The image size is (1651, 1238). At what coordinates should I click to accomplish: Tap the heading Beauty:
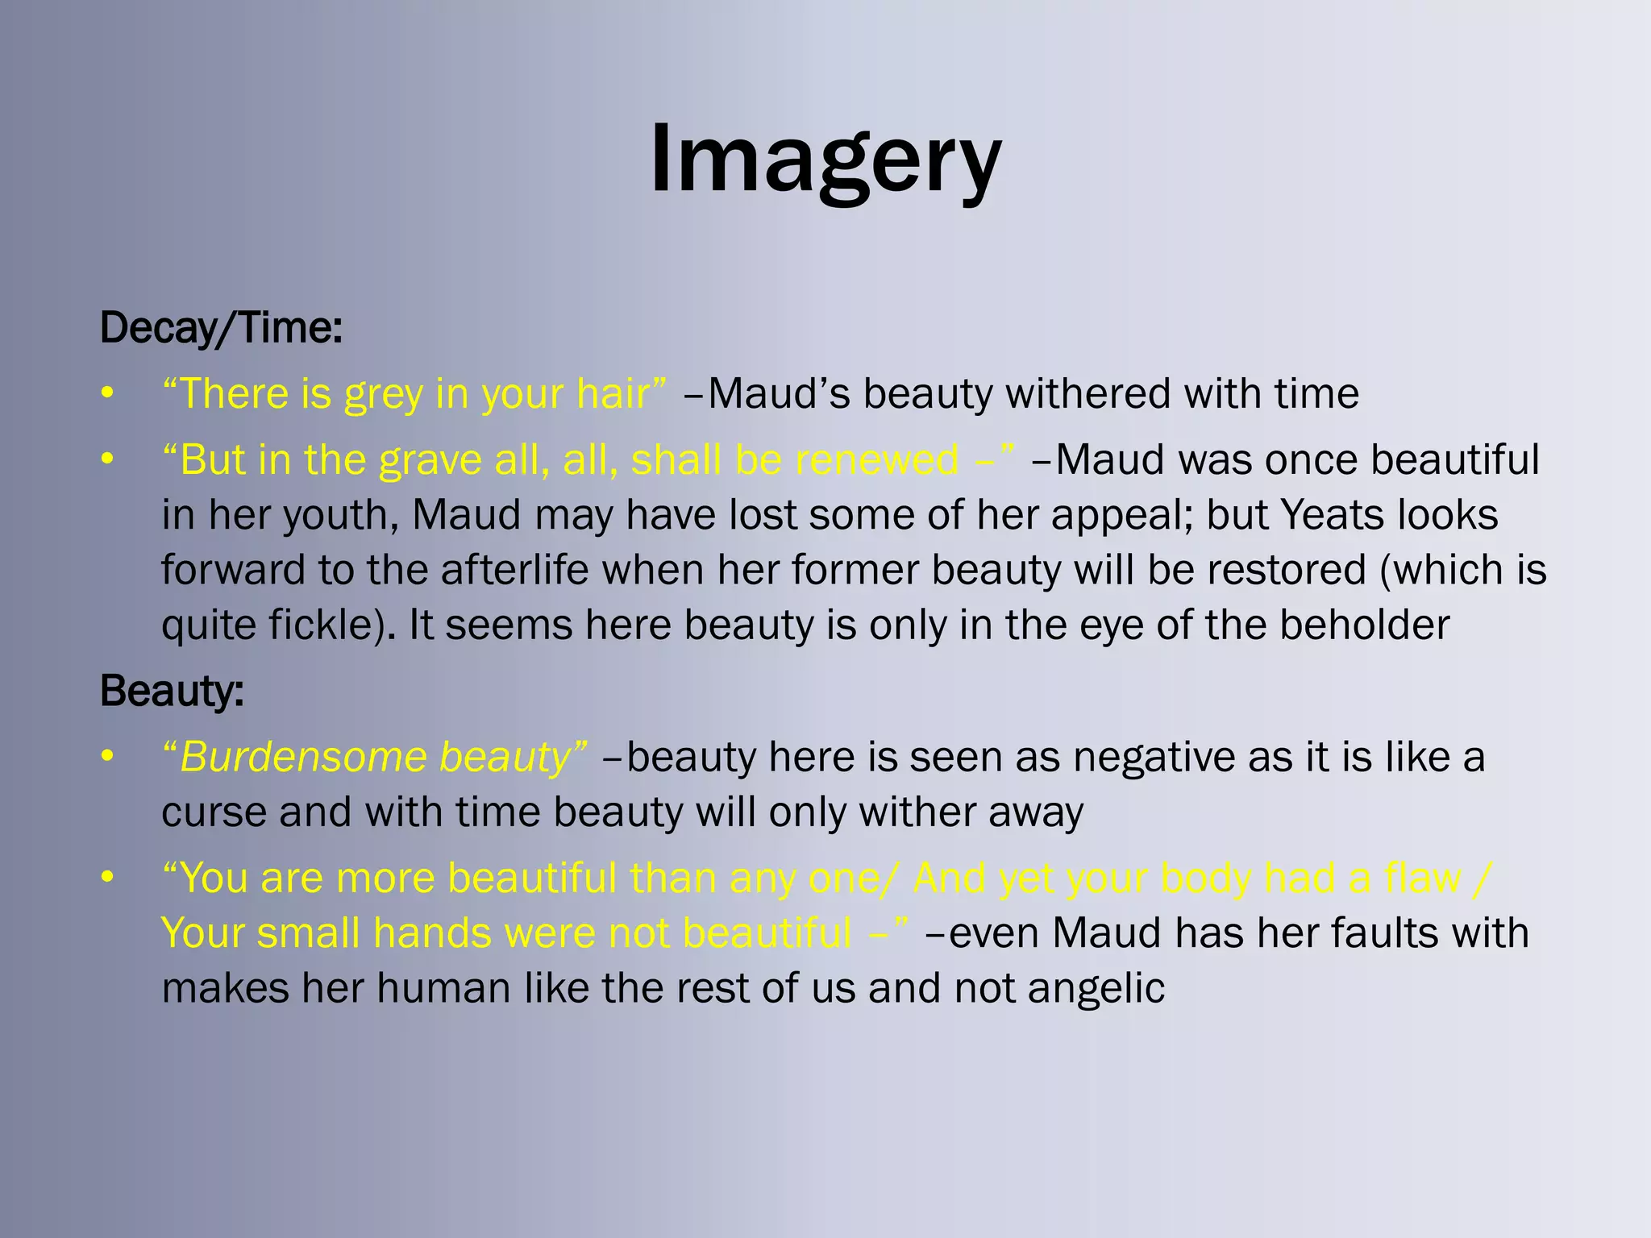click(172, 692)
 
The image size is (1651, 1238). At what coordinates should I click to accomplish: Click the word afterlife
click(514, 570)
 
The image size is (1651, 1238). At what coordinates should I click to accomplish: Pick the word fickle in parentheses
click(322, 625)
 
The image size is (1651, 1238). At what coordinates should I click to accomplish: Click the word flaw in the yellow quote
click(1422, 878)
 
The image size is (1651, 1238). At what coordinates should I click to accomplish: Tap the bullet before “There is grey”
click(107, 394)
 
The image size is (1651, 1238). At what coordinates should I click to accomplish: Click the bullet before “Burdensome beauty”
click(107, 758)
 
